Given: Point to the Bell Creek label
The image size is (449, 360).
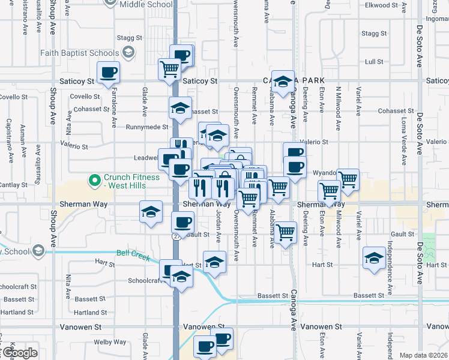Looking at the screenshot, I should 133,254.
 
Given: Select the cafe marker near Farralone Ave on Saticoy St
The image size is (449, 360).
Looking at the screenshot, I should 109,73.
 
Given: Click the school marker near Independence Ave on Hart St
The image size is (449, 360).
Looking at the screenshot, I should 375,259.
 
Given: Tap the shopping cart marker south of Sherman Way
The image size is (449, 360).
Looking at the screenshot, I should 285,232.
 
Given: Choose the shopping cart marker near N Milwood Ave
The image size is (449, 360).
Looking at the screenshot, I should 348,178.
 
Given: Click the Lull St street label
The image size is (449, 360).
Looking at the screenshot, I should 374,61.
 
